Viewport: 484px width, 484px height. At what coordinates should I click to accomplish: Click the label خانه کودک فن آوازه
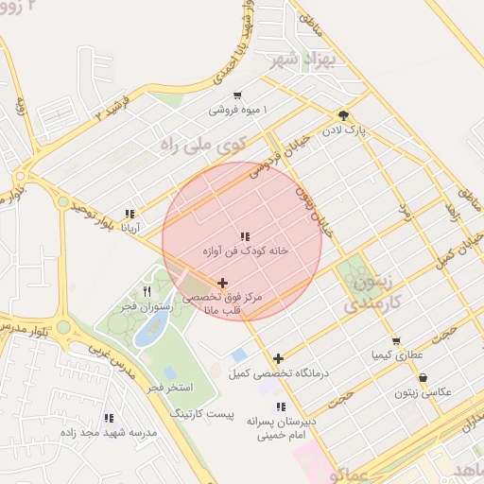245,252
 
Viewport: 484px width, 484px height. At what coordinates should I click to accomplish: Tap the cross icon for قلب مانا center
222,282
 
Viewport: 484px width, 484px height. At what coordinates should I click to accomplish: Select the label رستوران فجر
145,308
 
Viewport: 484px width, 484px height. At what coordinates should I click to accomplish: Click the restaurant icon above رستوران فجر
147,291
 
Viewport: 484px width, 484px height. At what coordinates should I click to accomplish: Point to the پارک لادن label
347,127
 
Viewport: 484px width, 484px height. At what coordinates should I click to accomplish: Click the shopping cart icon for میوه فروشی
236,95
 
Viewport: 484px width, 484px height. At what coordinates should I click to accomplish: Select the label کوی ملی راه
204,145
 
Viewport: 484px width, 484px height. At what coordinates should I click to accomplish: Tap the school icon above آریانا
130,214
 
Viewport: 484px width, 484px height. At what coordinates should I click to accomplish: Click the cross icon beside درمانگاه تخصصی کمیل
278,358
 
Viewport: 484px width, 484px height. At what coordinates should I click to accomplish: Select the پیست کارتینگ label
200,414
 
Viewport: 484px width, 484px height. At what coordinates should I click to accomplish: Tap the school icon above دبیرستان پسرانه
280,406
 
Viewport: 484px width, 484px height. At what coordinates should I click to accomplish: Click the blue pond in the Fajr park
152,330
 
